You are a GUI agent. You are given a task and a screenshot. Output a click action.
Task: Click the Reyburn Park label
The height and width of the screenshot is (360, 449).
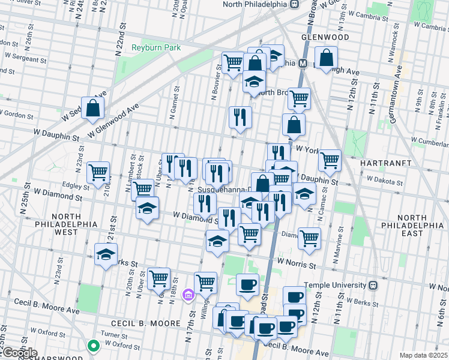tap(157, 47)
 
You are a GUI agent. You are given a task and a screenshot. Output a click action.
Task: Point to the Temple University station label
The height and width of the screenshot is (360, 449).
tap(336, 285)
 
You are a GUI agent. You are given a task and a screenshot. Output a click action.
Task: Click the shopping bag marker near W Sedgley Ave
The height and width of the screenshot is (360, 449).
tap(93, 108)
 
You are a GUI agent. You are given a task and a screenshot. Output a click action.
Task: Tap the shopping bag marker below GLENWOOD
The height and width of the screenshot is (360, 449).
tap(325, 58)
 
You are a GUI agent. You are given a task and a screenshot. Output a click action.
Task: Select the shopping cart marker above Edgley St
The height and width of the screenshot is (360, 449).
tap(98, 172)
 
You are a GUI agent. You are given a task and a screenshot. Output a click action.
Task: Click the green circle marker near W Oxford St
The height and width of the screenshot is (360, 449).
tap(93, 345)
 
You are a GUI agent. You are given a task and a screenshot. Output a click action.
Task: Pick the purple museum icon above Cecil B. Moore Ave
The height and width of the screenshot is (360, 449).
tap(188, 295)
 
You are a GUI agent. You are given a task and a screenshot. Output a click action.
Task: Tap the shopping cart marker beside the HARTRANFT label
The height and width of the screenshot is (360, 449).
tap(330, 160)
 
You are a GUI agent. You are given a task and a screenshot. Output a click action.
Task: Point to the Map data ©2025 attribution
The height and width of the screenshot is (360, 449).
tap(423, 355)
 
